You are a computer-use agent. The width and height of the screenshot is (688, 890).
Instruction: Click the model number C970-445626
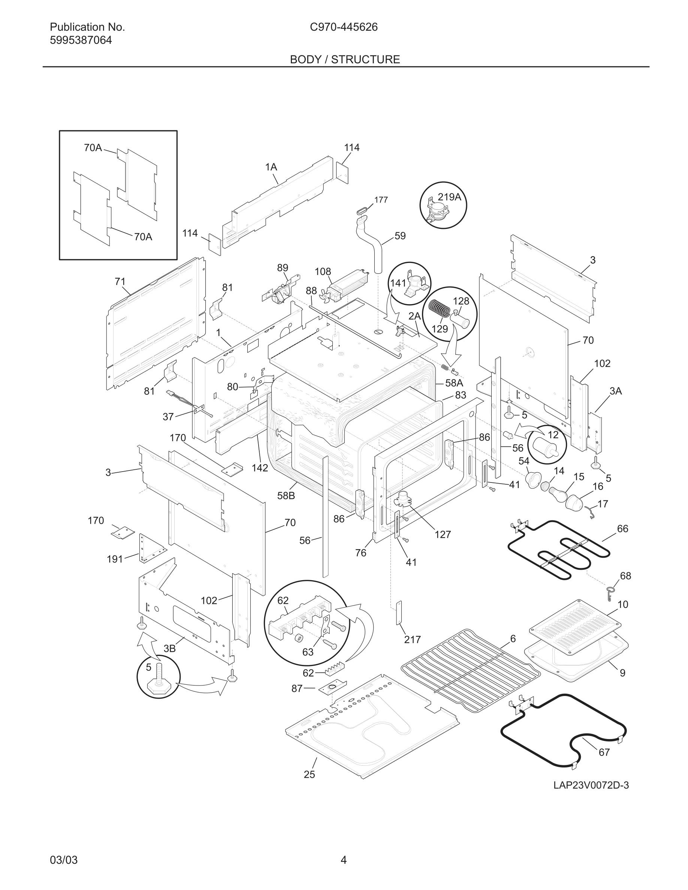click(x=344, y=27)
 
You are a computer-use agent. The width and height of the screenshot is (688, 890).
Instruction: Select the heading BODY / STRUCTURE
click(x=345, y=60)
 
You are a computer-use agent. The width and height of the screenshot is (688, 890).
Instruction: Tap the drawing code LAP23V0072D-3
click(x=591, y=785)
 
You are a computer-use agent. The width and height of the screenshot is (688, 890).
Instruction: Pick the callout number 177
click(x=381, y=200)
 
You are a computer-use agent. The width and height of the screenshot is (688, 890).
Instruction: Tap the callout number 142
click(x=260, y=468)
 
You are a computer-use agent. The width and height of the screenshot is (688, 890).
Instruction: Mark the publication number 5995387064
click(x=81, y=40)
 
